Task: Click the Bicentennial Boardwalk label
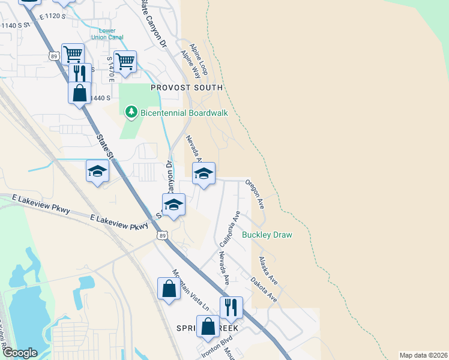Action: pyautogui.click(x=184, y=113)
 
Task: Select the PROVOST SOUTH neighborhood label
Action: pyautogui.click(x=187, y=88)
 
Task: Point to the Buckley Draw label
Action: pyautogui.click(x=267, y=235)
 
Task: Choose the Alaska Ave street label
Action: pyautogui.click(x=268, y=271)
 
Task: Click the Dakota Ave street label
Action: pyautogui.click(x=264, y=289)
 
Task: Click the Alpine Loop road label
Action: pyautogui.click(x=199, y=55)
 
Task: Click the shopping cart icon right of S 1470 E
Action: pyautogui.click(x=125, y=61)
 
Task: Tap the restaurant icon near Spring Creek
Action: pyautogui.click(x=231, y=307)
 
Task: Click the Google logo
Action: pyautogui.click(x=20, y=353)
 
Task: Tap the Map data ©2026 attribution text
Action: pyautogui.click(x=423, y=355)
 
